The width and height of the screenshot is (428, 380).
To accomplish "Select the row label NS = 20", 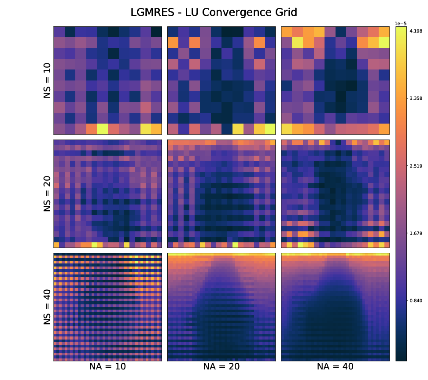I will [48, 194].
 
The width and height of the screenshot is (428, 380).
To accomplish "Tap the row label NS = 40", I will [48, 307].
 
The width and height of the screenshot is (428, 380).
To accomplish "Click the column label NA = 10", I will [108, 367].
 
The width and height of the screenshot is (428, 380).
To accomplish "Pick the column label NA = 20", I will [221, 367].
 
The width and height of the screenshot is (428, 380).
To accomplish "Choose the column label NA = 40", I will [335, 367].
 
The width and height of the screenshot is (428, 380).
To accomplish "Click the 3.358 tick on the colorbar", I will [416, 98].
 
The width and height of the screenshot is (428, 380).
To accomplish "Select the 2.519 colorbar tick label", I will [416, 166].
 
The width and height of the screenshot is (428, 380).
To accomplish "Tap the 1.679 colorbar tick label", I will [416, 233].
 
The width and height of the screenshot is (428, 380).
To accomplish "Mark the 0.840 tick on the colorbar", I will [416, 301].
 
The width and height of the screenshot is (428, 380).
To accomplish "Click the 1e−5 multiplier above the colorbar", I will [401, 23].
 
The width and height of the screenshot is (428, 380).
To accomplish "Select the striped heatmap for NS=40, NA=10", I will [108, 307].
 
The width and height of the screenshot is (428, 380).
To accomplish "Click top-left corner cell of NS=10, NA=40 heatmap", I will [287, 32].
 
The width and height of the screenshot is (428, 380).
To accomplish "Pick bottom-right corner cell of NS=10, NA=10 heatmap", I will [157, 129].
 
